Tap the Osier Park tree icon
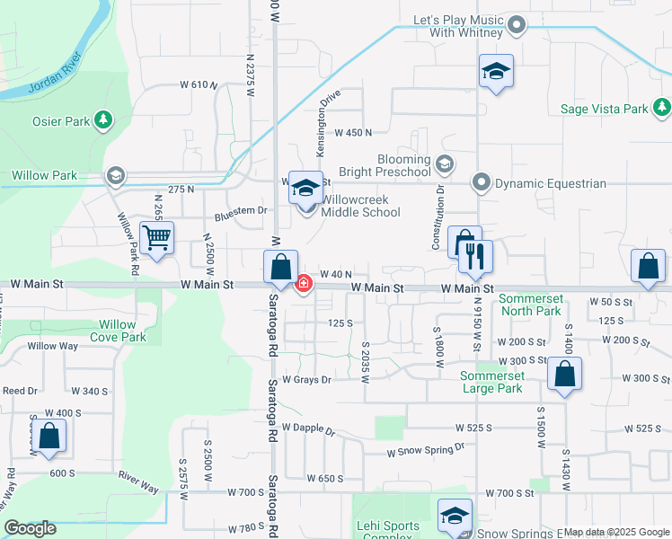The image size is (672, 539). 104,119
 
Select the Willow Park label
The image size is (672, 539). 45,175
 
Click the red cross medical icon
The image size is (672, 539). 304,284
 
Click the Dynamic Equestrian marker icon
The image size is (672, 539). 482,182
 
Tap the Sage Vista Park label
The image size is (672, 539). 604,109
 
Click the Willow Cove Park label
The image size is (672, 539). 117,331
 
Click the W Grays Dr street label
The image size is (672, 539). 307,380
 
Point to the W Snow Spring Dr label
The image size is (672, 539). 426,449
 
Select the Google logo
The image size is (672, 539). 30,528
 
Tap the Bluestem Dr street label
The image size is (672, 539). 241,211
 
